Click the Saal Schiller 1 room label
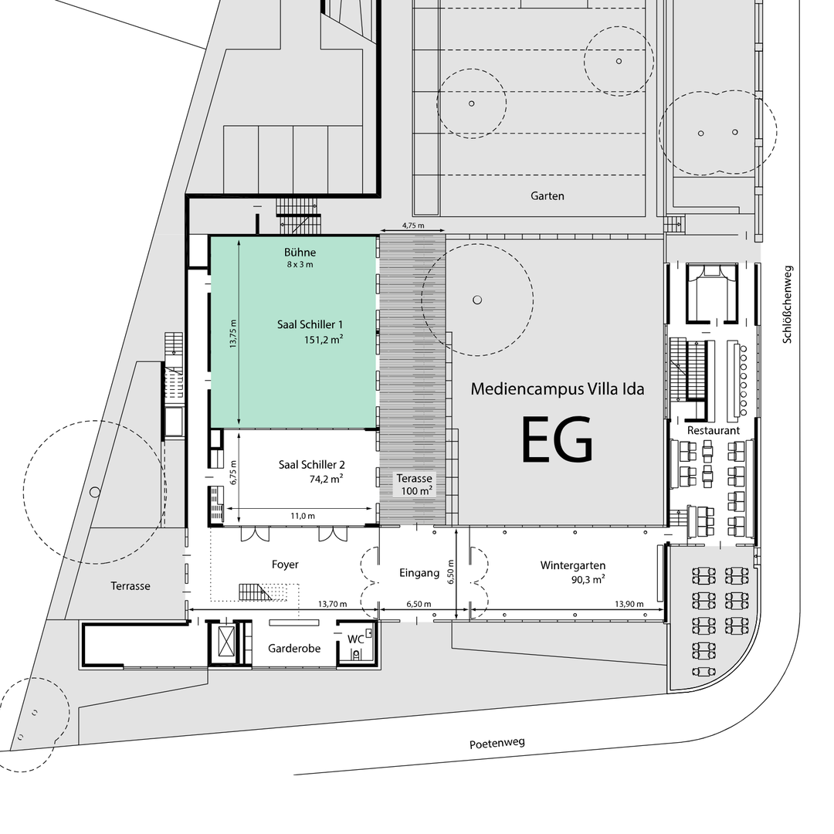click(x=310, y=324)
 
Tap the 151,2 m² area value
click(x=324, y=339)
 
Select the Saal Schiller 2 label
click(x=312, y=464)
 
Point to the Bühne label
click(x=300, y=252)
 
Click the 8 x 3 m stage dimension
click(x=300, y=264)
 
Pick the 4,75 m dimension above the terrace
click(x=413, y=225)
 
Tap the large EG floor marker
click(x=557, y=439)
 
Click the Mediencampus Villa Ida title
click(x=558, y=388)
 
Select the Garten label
click(x=548, y=195)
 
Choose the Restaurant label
click(x=714, y=430)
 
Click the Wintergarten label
click(x=573, y=565)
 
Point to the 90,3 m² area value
click(x=588, y=580)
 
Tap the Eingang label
click(x=419, y=573)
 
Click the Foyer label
click(x=285, y=564)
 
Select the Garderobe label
click(x=294, y=649)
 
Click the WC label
click(x=355, y=639)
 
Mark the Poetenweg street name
click(x=497, y=743)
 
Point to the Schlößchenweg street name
click(x=787, y=305)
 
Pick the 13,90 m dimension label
click(x=629, y=604)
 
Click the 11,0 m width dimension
click(x=303, y=515)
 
